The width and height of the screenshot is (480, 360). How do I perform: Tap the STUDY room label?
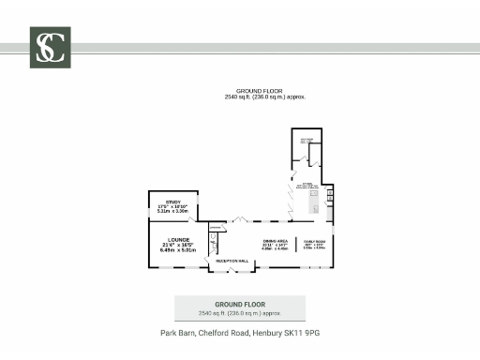pyautogui.click(x=172, y=202)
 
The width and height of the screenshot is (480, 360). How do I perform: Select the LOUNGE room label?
pyautogui.click(x=178, y=240)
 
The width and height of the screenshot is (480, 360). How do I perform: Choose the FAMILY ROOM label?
pyautogui.click(x=311, y=242)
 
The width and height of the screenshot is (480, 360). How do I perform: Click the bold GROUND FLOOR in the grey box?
pyautogui.click(x=240, y=305)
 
